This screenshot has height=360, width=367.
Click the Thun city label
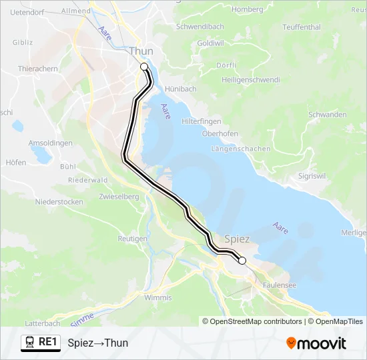coord(141,51)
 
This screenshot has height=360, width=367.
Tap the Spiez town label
coord(238,239)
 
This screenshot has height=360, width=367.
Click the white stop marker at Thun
coord(143,67)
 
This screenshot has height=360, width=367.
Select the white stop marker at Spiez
coord(242,261)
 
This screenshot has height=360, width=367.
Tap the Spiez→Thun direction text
coord(97,343)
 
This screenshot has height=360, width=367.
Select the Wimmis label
coord(157,297)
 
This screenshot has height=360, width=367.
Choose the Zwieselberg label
coord(117,197)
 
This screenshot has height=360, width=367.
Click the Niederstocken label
coord(59,201)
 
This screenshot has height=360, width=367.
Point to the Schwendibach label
coord(200,27)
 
